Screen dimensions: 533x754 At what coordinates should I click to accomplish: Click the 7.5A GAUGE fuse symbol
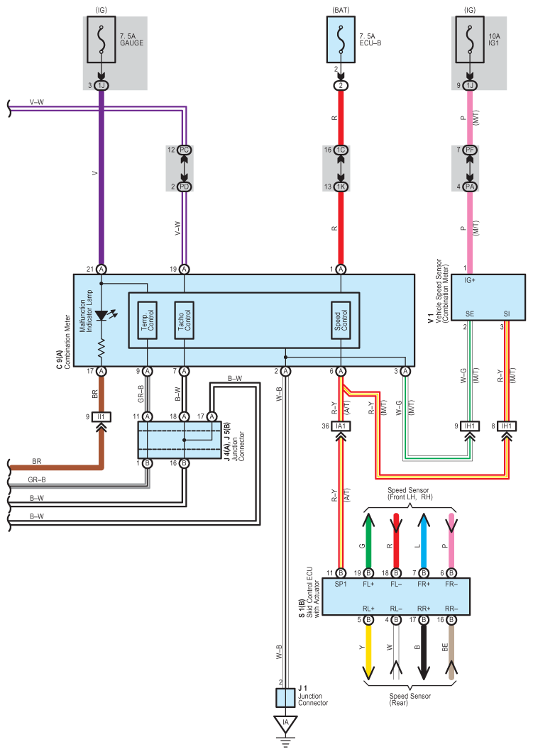pyautogui.click(x=101, y=40)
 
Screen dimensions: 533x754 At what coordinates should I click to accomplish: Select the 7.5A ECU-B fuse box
pyautogui.click(x=341, y=40)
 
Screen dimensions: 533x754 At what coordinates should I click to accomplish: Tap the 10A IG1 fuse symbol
pyautogui.click(x=470, y=40)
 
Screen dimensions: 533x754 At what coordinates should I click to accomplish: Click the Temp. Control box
pyautogui.click(x=147, y=321)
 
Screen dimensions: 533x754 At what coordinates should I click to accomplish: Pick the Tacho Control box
pyautogui.click(x=184, y=321)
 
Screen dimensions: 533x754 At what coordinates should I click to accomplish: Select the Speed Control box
pyautogui.click(x=341, y=321)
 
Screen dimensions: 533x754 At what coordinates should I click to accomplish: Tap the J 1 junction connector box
pyautogui.click(x=285, y=697)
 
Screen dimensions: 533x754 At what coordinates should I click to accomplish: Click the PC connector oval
pyautogui.click(x=184, y=150)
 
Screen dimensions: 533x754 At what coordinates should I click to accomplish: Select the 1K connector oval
pyautogui.click(x=341, y=187)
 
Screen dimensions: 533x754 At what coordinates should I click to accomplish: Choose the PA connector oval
pyautogui.click(x=470, y=187)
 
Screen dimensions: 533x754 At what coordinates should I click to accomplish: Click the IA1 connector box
pyautogui.click(x=341, y=426)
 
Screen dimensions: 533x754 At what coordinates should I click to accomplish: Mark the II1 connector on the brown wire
pyautogui.click(x=101, y=417)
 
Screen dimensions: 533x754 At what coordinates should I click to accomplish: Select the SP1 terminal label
pyautogui.click(x=341, y=584)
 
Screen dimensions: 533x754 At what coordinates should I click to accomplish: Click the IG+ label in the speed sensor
pyautogui.click(x=470, y=280)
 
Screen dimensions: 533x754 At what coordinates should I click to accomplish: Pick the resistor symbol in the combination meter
pyautogui.click(x=101, y=348)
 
